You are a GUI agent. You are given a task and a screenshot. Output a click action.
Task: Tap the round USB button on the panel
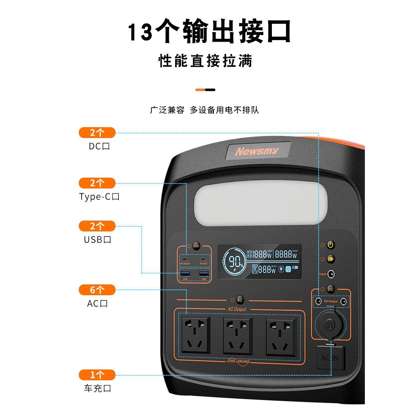coord(196,246)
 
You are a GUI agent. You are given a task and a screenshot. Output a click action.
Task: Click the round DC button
coord(331,289)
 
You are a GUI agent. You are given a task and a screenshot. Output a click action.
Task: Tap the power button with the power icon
coord(331,245)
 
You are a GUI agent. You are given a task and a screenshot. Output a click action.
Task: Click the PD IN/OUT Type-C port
coord(185,259)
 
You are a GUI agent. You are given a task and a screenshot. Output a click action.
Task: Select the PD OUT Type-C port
coord(203,259)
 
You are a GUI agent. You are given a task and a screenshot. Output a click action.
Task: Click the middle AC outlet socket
coord(238,334)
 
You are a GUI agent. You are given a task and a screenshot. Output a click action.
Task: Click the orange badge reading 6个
coord(97,289)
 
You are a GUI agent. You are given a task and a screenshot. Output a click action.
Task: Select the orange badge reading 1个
coord(97,374)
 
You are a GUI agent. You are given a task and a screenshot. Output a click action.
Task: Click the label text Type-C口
coord(99,197)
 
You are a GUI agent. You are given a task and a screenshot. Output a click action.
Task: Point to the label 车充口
coord(98,389)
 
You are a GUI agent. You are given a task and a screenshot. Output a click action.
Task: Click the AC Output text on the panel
coord(237,309)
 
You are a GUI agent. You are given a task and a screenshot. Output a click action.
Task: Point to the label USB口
coord(98,240)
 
